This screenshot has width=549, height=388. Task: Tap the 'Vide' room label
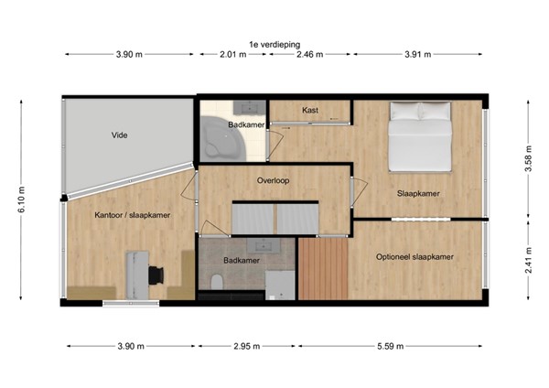(120, 135)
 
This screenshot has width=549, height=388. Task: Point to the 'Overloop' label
(274, 180)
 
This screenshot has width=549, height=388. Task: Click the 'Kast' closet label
(310, 111)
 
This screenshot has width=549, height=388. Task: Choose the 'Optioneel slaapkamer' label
(415, 256)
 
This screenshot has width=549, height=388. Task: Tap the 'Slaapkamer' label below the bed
(417, 194)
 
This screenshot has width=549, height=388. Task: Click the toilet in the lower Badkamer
(216, 282)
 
